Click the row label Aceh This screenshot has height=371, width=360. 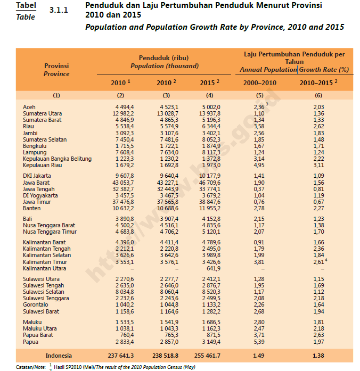click(29, 107)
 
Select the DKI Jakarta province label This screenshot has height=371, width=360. click(37, 176)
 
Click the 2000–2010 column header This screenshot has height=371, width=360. click(259, 83)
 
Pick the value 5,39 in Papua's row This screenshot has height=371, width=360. click(259, 342)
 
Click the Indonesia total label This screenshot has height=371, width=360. click(59, 355)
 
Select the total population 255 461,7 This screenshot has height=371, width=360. click(210, 355)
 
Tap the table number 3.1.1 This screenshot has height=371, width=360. click(59, 10)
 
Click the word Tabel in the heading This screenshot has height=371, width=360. click(26, 5)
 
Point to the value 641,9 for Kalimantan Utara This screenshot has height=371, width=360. click(212, 269)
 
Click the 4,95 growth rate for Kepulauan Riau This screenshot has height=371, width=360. click(259, 166)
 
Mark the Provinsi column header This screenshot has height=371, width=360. click(56, 66)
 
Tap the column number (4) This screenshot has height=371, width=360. click(210, 95)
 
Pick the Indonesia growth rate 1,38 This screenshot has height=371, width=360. click(318, 355)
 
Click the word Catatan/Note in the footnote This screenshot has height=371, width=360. click(31, 367)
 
